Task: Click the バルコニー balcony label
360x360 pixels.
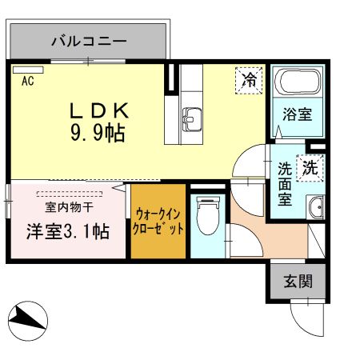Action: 87,39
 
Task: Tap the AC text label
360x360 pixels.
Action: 27,81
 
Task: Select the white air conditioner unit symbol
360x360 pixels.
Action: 27,69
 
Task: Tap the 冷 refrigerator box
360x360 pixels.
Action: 250,79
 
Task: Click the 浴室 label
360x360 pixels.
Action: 296,114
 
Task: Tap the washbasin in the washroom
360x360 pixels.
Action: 315,207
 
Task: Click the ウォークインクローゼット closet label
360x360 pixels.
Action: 159,221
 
